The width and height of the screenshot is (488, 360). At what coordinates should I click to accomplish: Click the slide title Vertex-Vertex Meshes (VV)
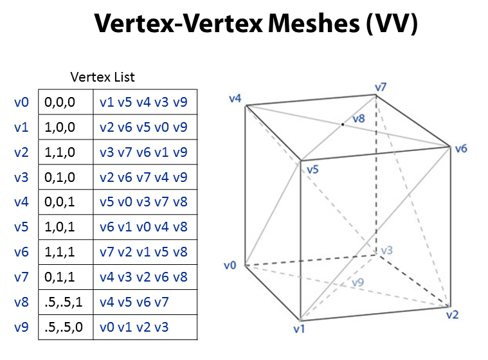point(257,24)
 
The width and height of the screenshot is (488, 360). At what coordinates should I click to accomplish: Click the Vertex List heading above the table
point(103,77)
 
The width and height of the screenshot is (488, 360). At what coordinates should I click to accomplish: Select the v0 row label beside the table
point(21,102)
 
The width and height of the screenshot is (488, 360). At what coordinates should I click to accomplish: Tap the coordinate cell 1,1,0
point(60,152)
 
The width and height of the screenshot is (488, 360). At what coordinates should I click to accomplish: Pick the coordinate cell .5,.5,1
point(64,302)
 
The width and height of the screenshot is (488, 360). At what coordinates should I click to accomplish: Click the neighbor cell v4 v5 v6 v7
point(134,302)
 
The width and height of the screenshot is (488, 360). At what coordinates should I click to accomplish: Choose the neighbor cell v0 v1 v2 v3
point(134,327)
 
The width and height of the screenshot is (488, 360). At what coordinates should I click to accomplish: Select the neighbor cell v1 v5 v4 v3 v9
point(143,102)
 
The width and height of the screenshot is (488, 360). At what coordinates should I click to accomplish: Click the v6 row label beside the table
point(21,252)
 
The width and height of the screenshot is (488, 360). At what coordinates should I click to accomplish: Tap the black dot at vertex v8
point(343,123)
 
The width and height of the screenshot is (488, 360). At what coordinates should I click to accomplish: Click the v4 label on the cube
point(235,98)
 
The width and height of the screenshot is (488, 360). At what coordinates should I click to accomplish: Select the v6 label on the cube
point(460,148)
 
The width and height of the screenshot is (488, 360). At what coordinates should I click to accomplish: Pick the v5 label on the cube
point(313,170)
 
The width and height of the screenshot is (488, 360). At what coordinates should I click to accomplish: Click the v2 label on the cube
point(455,314)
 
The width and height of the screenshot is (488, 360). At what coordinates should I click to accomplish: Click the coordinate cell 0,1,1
point(60,277)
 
